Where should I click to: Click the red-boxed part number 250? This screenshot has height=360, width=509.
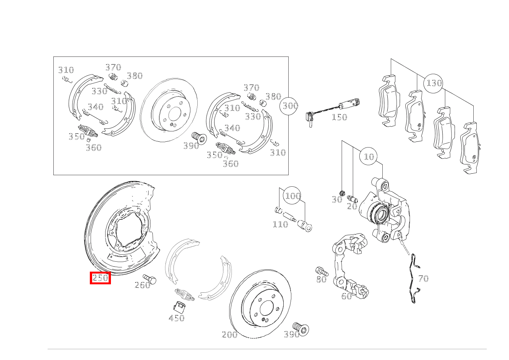point(100,278)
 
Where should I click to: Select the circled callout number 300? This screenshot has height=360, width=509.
point(289,106)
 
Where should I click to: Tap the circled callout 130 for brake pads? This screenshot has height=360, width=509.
point(433,83)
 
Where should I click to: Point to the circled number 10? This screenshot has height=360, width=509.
point(369,156)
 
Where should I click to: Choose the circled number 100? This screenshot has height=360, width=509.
point(292,196)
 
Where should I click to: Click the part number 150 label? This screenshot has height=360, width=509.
point(339,117)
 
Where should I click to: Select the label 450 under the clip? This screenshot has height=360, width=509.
point(177,318)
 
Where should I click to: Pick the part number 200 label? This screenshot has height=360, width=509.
point(230,335)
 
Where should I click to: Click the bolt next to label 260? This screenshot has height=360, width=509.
point(150,279)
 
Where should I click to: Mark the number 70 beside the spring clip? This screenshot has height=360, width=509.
point(423,279)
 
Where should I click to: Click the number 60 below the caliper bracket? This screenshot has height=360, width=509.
point(346,296)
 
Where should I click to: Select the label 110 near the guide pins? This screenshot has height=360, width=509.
point(280,224)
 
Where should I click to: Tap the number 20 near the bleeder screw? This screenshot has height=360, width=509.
point(352,206)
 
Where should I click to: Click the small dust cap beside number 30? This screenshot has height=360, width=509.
point(342,193)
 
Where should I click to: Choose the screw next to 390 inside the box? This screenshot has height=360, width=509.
point(200,138)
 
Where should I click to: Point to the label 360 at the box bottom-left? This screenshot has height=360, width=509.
point(94,148)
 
